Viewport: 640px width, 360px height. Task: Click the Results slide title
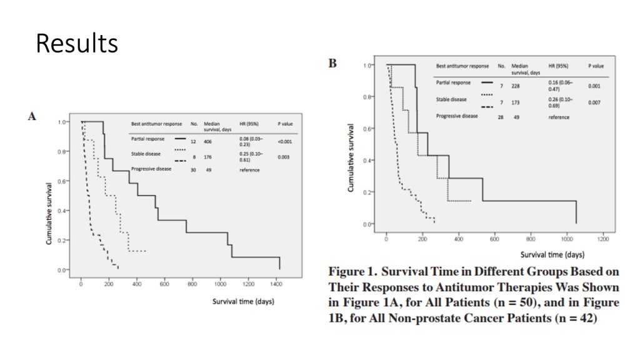click(x=76, y=43)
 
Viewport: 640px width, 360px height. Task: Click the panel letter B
click(x=332, y=63)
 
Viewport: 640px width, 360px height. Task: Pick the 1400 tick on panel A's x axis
click(x=276, y=285)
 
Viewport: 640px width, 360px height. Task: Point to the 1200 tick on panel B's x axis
click(x=603, y=239)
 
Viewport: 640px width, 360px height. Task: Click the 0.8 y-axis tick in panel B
click(x=368, y=97)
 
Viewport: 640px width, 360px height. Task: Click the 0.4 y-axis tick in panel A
click(x=62, y=211)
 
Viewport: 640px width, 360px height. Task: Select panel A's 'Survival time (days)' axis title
click(x=244, y=301)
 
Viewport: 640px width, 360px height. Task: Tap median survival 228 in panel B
click(x=516, y=86)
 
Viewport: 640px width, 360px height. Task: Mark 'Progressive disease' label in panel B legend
click(x=456, y=116)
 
